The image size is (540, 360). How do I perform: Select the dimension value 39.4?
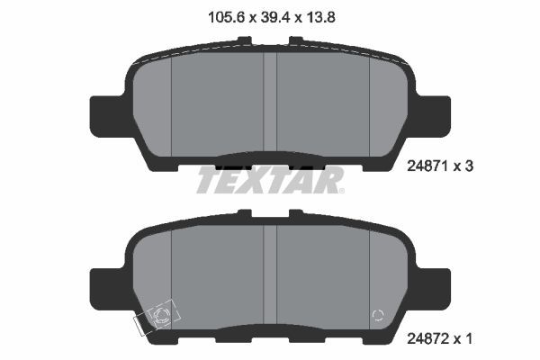click(x=269, y=16)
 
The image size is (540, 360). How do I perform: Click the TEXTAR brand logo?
click(x=270, y=179)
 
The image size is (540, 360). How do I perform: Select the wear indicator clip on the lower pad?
click(x=158, y=317)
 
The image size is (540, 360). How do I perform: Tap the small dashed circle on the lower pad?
click(x=379, y=315)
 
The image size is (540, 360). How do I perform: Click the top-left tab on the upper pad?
click(x=245, y=40)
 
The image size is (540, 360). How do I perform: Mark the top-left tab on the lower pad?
click(x=245, y=213)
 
